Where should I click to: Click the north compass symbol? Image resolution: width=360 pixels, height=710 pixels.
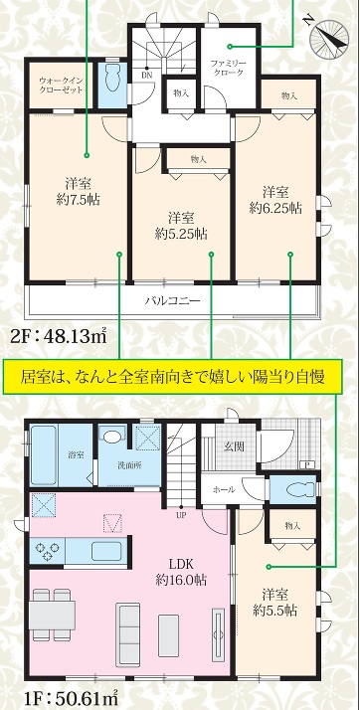329,38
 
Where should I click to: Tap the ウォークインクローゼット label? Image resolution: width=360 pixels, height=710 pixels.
61,85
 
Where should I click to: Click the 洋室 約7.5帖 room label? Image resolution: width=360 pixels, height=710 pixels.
79,192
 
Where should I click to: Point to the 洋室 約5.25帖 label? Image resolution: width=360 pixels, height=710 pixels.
181,226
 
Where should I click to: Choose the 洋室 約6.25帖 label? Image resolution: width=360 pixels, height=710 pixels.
275,199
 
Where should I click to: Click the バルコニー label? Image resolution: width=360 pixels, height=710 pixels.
172,300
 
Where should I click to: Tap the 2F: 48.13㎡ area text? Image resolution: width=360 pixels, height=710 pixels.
59,336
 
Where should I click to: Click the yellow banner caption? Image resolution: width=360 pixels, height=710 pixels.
172,377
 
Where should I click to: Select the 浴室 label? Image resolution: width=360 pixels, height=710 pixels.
76,455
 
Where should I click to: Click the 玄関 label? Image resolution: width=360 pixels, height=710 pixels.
234,446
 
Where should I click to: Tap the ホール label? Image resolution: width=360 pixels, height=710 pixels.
223,489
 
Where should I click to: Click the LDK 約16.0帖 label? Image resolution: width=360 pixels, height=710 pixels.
181,572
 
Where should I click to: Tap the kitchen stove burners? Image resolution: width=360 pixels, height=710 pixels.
47,551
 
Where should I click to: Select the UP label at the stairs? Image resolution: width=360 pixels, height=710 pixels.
181,514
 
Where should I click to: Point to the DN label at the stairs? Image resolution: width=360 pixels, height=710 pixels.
147,74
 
